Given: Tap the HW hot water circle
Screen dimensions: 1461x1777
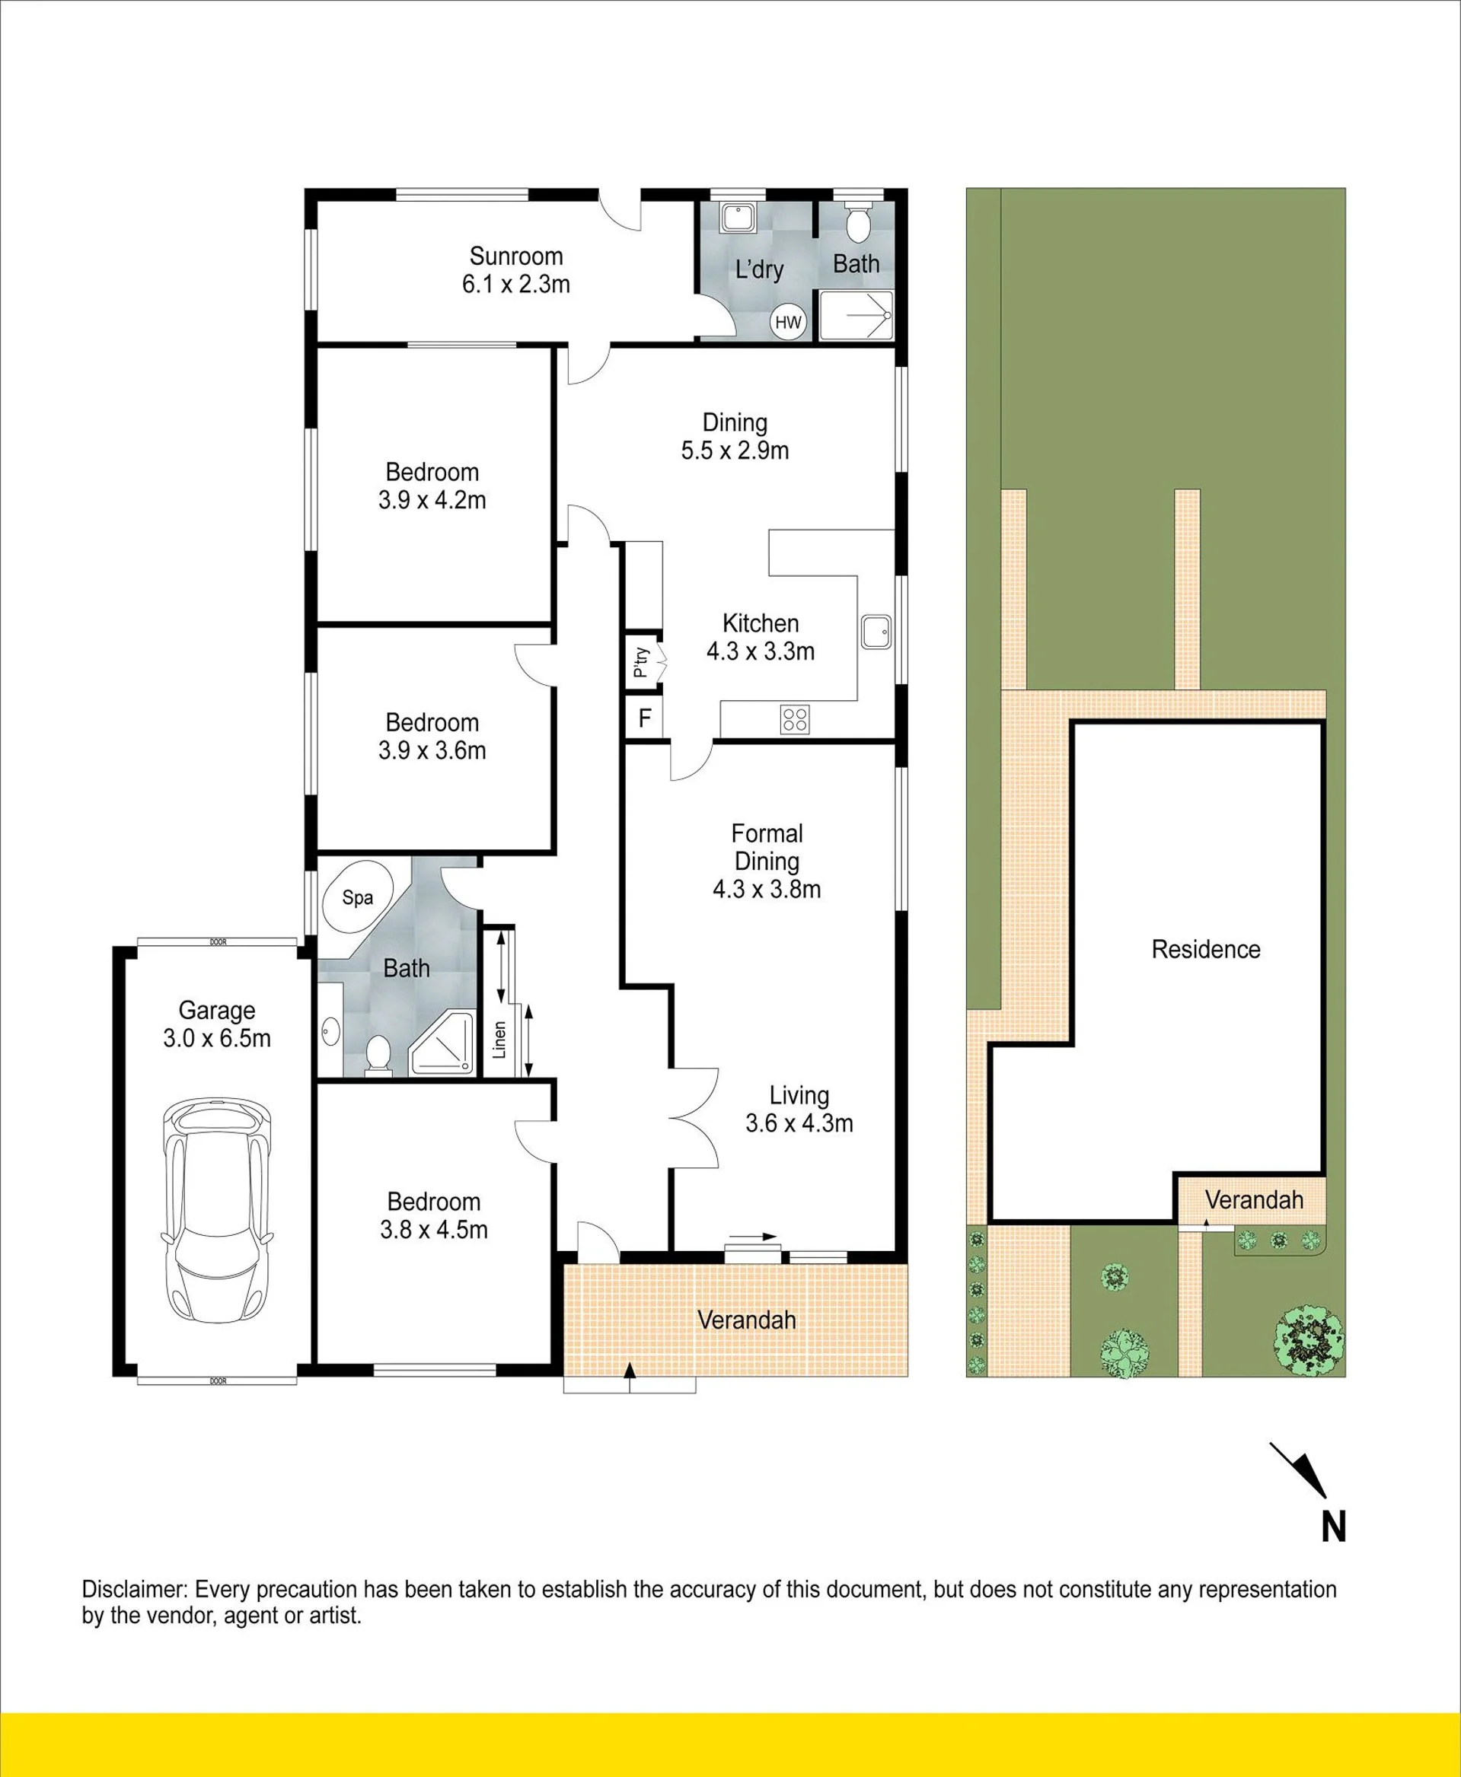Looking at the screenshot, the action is click(x=788, y=321).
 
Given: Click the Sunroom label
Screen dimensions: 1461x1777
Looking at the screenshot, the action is click(x=516, y=256).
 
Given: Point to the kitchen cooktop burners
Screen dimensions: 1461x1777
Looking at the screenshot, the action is click(x=795, y=718).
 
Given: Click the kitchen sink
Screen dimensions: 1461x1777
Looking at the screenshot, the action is click(x=876, y=631).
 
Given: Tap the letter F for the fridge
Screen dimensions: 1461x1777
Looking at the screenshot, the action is click(x=645, y=718).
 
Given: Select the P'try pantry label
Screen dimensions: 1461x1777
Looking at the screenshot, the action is click(x=641, y=661).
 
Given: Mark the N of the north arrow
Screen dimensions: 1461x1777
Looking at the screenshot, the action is click(x=1333, y=1527).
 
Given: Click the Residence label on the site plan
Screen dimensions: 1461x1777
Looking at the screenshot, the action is click(x=1206, y=949).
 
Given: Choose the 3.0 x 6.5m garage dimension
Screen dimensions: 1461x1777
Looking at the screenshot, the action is click(x=217, y=1038).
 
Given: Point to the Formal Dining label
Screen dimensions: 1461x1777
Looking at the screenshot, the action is click(x=767, y=847).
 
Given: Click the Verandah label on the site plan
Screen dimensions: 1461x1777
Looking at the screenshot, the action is click(x=1254, y=1200).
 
